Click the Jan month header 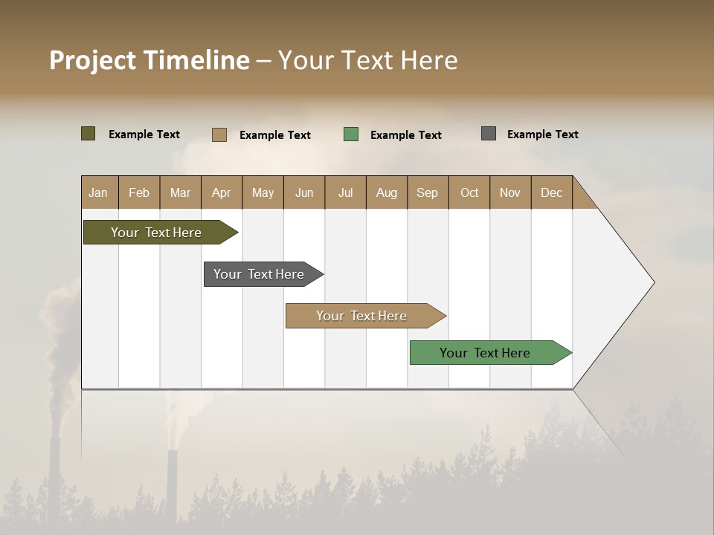click(x=98, y=192)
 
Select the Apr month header click(x=221, y=192)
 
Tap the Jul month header click(x=345, y=192)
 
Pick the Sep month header click(x=427, y=192)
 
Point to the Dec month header click(x=551, y=192)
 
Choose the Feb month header click(x=139, y=192)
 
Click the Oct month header click(x=469, y=192)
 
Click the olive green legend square click(x=89, y=134)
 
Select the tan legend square click(x=219, y=134)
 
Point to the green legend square click(x=351, y=134)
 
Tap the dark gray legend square click(x=489, y=134)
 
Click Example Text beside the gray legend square click(x=542, y=134)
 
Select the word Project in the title click(x=93, y=60)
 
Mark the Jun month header click(x=304, y=192)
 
